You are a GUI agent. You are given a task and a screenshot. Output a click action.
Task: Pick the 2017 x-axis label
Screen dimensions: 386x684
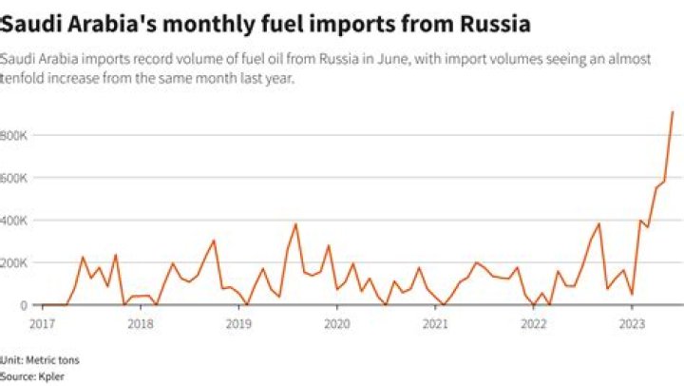coord(41,322)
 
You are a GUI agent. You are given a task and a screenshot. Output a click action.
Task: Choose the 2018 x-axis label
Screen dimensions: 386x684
coord(140,322)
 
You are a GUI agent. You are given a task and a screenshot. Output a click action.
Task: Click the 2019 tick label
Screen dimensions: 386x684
coord(237,322)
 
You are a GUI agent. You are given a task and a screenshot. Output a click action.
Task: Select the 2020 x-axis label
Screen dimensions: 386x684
coord(336,322)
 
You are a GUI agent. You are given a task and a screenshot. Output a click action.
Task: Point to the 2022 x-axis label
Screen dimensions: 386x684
coord(533,322)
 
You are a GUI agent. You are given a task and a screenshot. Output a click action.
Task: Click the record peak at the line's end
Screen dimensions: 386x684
coord(673,112)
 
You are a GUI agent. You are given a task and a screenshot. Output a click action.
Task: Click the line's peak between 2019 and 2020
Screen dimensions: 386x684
coord(295,224)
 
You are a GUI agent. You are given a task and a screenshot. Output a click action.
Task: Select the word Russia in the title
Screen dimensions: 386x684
coord(487,21)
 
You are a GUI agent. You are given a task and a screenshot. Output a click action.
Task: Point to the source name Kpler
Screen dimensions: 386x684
coord(53,376)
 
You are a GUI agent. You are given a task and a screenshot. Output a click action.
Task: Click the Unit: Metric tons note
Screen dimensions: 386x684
coord(40,360)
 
